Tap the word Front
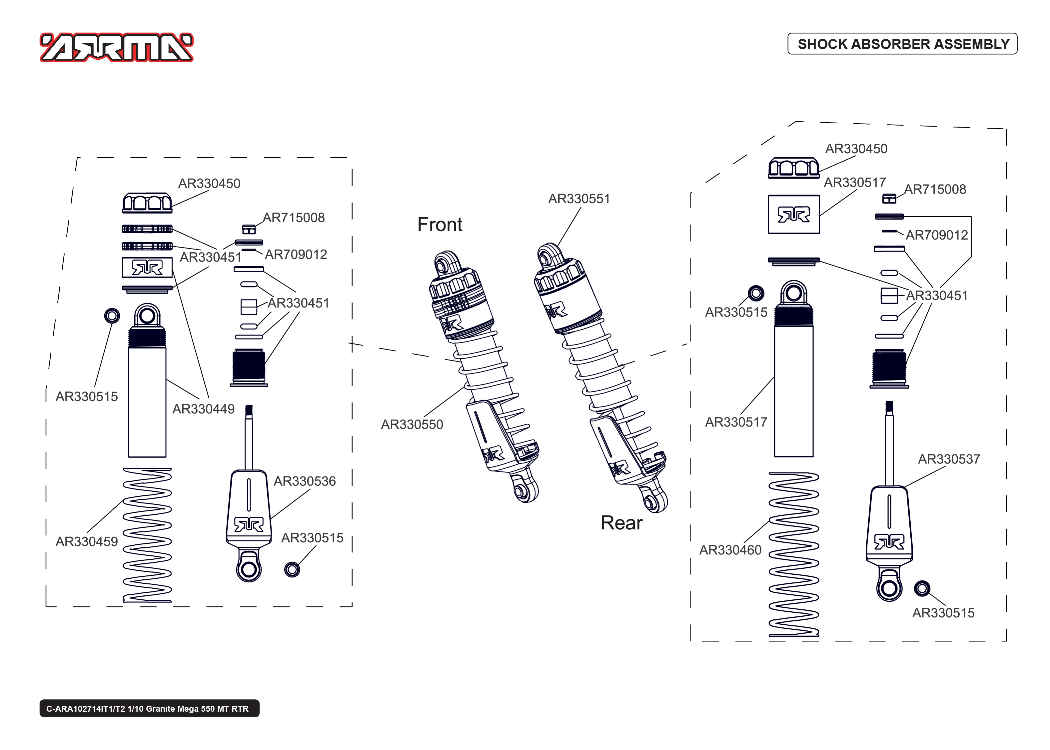point(439,225)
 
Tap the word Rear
point(621,523)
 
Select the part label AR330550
point(412,424)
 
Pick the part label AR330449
point(203,409)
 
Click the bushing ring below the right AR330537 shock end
point(922,588)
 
